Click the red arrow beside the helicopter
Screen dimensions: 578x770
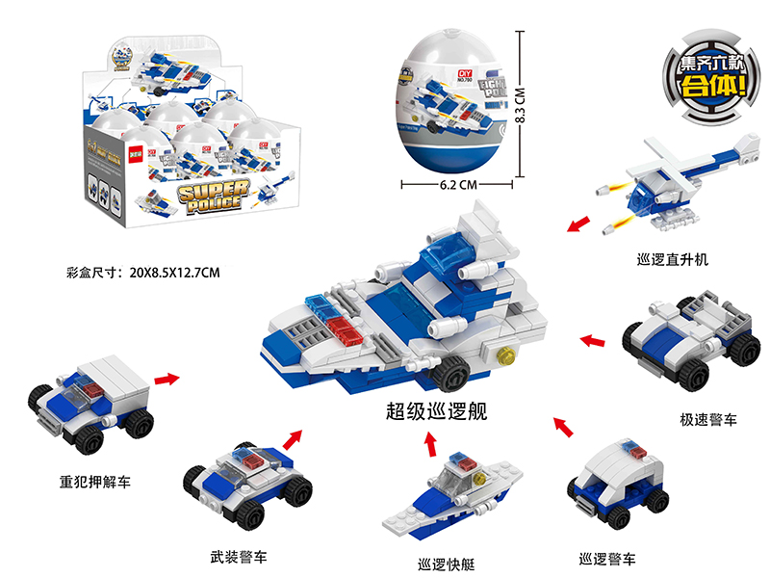point(577,225)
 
